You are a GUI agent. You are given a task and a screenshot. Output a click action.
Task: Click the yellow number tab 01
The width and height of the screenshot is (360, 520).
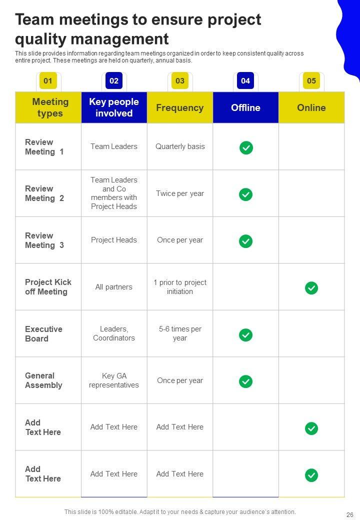coord(48,81)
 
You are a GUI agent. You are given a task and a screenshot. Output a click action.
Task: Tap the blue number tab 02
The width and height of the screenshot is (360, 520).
coord(114,81)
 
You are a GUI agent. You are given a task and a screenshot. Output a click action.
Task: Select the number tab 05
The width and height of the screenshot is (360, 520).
coord(311,81)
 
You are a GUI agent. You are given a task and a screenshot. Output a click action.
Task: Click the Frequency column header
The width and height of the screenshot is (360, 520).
coord(180,107)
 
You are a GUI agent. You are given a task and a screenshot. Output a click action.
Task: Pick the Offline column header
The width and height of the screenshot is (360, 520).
coord(245,107)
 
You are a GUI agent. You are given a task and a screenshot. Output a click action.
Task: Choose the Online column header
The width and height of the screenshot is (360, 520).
coord(311,107)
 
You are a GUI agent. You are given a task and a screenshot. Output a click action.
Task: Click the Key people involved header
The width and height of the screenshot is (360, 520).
coord(114,107)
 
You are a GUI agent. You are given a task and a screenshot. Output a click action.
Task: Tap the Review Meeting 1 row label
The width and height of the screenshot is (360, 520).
coord(44,147)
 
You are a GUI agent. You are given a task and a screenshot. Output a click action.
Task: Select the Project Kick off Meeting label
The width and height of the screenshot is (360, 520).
coord(48,287)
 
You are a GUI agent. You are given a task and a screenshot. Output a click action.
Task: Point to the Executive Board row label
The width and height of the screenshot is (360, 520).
coord(44,333)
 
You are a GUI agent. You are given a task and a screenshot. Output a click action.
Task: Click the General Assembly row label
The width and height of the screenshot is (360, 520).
coord(44,380)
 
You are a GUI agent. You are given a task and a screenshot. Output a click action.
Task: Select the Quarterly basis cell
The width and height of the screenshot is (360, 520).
coord(180,146)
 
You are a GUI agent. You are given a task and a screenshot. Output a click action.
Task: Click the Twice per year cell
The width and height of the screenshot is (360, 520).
coord(180,193)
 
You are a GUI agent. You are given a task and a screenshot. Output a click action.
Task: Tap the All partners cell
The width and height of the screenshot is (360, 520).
coord(114,287)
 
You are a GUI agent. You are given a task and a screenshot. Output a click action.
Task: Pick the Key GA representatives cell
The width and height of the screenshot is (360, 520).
coord(114,380)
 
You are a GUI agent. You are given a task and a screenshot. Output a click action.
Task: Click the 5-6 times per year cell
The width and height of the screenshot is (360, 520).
coord(180,333)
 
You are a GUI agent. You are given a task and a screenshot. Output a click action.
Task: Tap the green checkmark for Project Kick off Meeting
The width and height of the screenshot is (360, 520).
coord(311,288)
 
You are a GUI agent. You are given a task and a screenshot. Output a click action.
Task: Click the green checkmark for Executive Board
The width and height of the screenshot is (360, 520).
coord(245,335)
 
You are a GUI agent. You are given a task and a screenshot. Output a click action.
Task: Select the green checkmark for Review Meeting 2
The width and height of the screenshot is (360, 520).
coord(245,194)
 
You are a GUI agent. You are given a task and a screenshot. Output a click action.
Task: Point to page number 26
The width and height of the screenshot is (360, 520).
coord(349,514)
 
